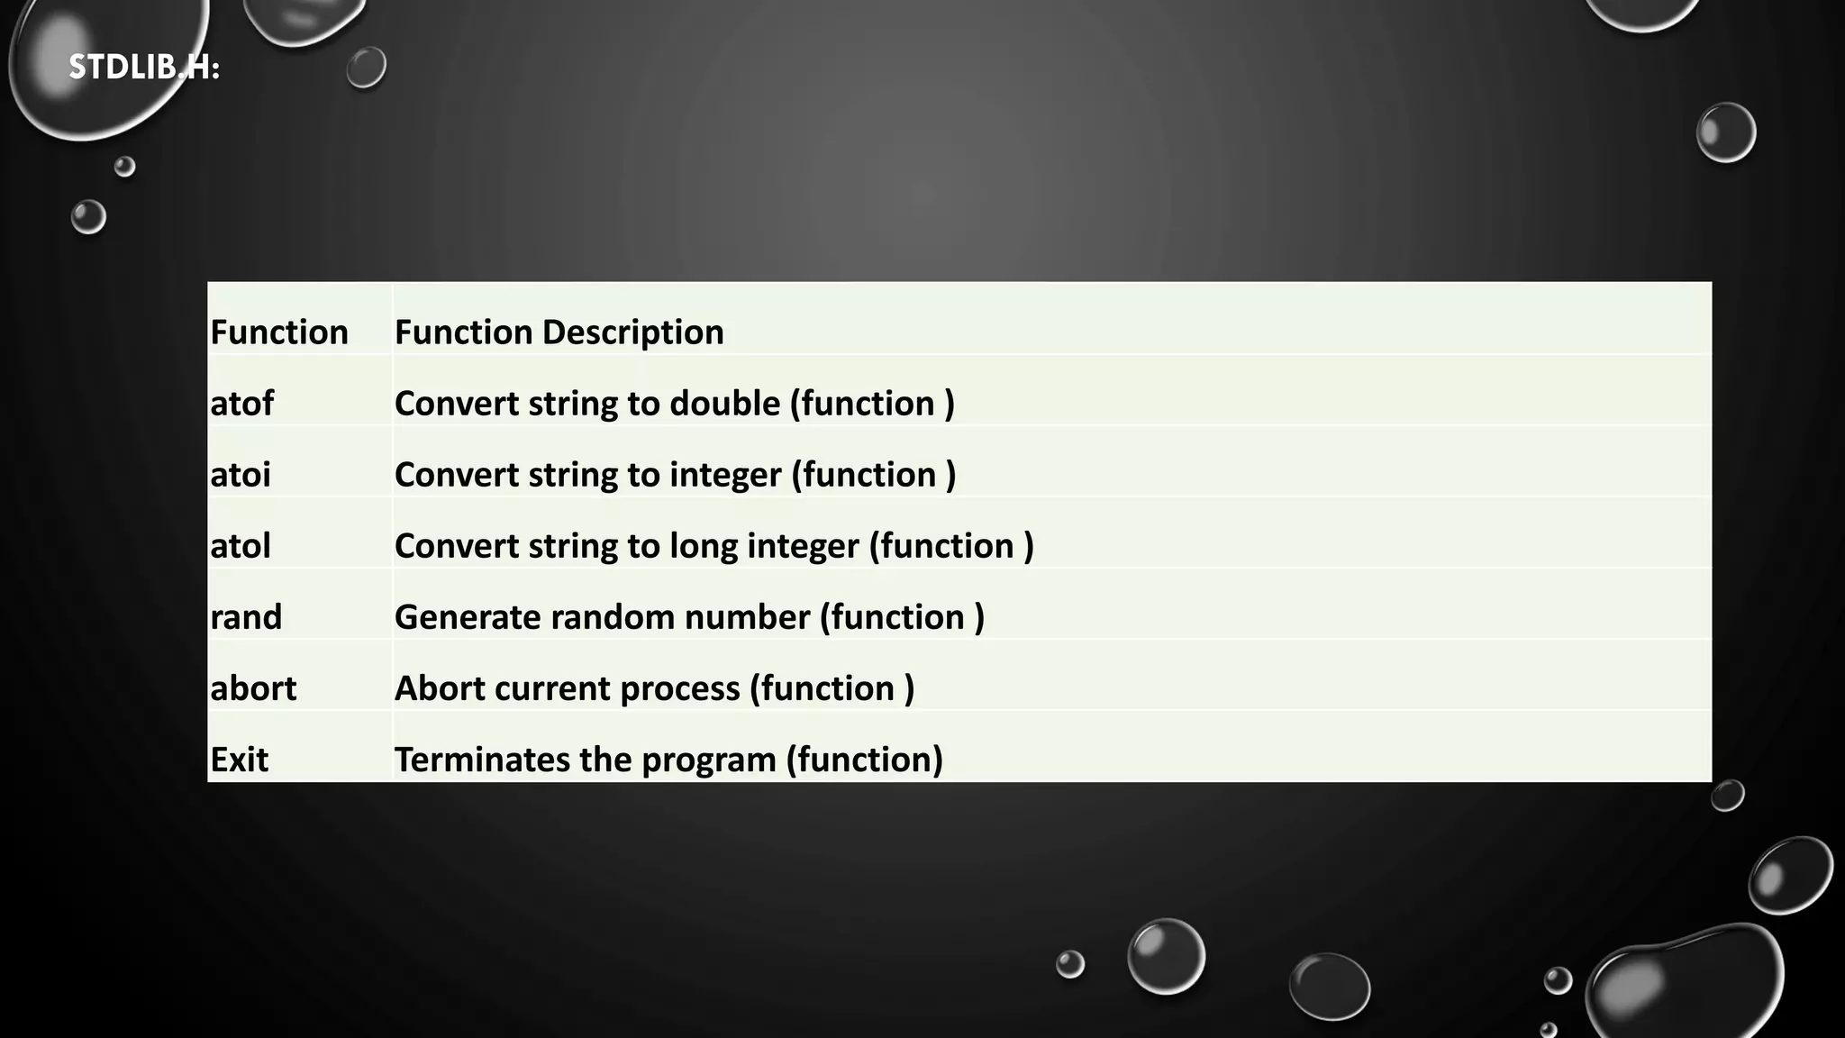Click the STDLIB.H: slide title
(x=144, y=68)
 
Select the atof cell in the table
(x=241, y=404)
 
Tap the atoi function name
(x=241, y=475)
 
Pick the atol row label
(x=241, y=546)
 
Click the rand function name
(x=246, y=617)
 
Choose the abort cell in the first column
(x=253, y=688)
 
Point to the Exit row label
(x=239, y=760)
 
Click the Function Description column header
(x=559, y=332)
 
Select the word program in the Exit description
(x=708, y=760)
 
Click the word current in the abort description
(x=553, y=688)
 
